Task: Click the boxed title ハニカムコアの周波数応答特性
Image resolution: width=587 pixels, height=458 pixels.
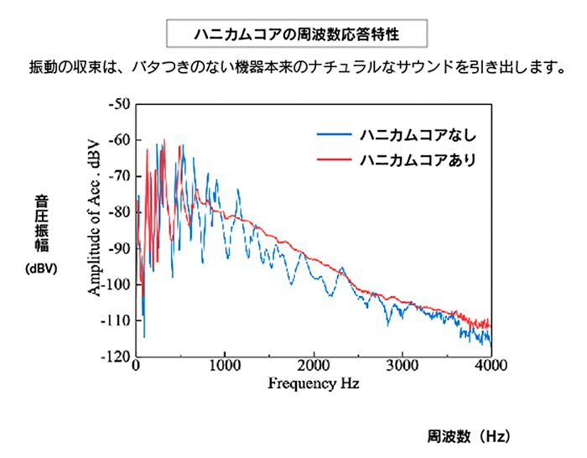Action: pyautogui.click(x=293, y=35)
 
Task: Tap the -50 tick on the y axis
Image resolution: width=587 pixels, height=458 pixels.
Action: pyautogui.click(x=117, y=104)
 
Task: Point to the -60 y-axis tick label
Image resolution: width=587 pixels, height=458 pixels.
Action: pyautogui.click(x=117, y=140)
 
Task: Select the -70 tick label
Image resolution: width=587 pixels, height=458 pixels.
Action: pyautogui.click(x=117, y=176)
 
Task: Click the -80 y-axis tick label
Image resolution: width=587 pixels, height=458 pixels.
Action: pyautogui.click(x=117, y=212)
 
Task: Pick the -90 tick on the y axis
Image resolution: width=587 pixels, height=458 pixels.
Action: pyautogui.click(x=117, y=248)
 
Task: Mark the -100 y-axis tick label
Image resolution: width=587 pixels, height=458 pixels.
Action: pyautogui.click(x=115, y=284)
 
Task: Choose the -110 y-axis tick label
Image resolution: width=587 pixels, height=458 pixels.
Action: pyautogui.click(x=115, y=320)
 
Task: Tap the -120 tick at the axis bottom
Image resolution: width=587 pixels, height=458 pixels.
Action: pyautogui.click(x=115, y=356)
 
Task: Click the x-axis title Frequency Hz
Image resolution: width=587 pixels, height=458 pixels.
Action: pyautogui.click(x=313, y=385)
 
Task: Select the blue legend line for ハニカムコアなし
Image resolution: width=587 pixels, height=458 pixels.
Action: pyautogui.click(x=334, y=134)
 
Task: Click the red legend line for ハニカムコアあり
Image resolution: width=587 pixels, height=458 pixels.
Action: pyautogui.click(x=334, y=158)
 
